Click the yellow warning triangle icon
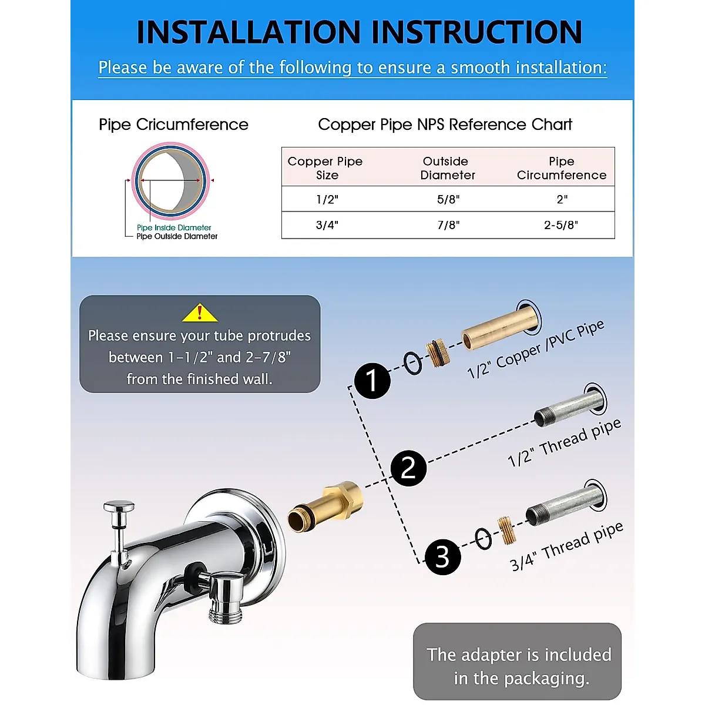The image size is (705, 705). pos(200,314)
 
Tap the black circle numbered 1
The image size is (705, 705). pos(372,381)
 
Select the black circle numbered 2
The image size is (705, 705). pos(408,468)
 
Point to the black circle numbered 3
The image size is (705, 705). pos(442,557)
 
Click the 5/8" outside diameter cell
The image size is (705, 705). pos(448,199)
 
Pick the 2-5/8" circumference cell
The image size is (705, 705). pos(561,225)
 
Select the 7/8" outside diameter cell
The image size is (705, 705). pos(448,225)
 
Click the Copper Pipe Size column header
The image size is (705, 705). pos(325,168)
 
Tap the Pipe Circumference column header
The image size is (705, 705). pos(561,168)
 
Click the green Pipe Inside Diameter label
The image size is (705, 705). pos(174,227)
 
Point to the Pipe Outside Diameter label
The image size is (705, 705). pos(177,236)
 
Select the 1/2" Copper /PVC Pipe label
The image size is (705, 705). pos(535,350)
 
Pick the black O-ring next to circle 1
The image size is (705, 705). pos(412,363)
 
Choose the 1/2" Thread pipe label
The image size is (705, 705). pos(563,443)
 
